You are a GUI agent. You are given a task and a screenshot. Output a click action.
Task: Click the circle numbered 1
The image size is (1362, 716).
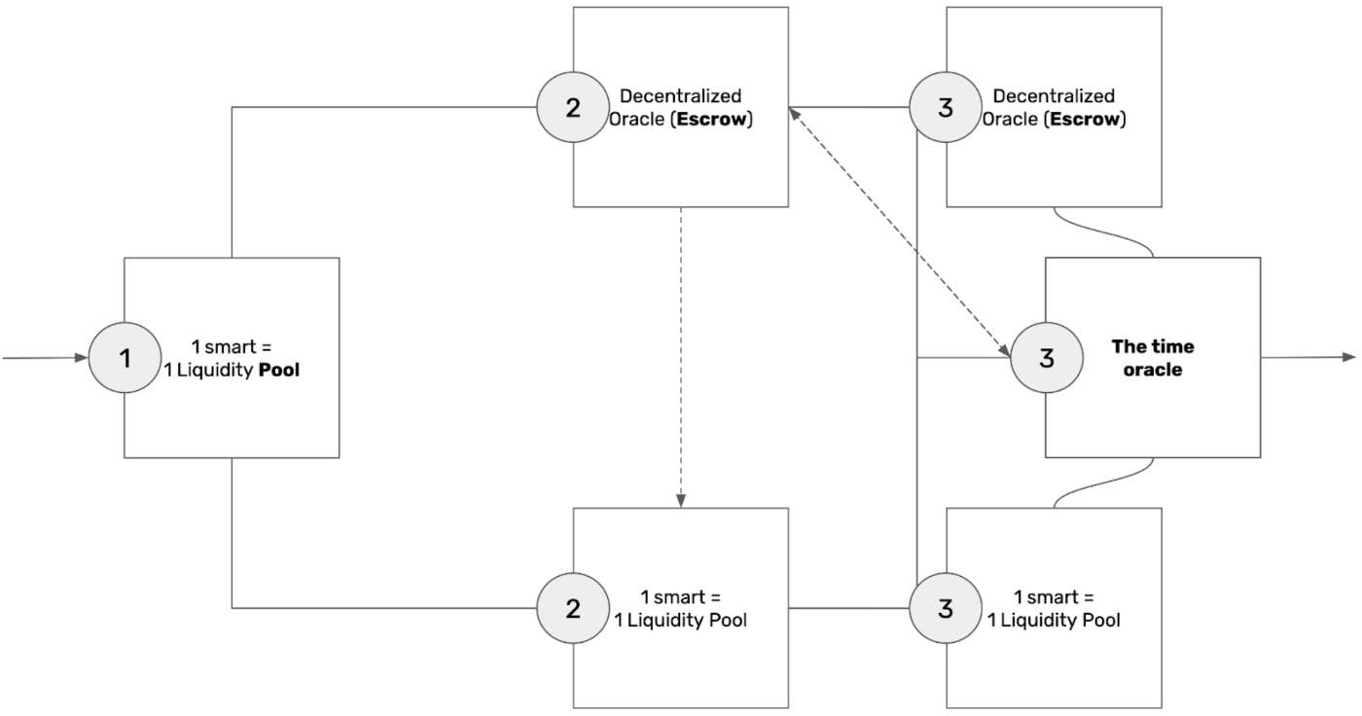pyautogui.click(x=125, y=357)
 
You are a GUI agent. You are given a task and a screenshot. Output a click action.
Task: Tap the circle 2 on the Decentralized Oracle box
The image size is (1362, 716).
pyautogui.click(x=573, y=108)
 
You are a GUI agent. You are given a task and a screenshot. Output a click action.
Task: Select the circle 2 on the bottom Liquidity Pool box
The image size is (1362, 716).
pyautogui.click(x=573, y=608)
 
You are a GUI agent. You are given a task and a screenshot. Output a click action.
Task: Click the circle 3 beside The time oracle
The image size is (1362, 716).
pyautogui.click(x=1047, y=357)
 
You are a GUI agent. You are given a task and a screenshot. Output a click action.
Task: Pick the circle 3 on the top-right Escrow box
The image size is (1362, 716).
pyautogui.click(x=946, y=108)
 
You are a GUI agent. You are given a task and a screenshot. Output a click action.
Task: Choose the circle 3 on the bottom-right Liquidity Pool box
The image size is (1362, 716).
pyautogui.click(x=946, y=608)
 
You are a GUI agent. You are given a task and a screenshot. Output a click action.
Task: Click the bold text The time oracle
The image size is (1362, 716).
pyautogui.click(x=1153, y=358)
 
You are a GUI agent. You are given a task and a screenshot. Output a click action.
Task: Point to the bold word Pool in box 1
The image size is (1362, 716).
pyautogui.click(x=279, y=370)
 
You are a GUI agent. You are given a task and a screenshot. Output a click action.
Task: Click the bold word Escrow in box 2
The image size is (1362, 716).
pyautogui.click(x=711, y=119)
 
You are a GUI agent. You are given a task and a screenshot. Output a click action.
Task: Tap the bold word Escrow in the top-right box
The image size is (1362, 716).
pyautogui.click(x=1085, y=119)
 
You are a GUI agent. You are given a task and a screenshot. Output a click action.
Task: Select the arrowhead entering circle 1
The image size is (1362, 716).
pyautogui.click(x=82, y=357)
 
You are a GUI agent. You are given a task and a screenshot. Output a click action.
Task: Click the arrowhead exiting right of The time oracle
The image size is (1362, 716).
pyautogui.click(x=1349, y=357)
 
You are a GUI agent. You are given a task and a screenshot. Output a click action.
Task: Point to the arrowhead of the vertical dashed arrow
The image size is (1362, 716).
pyautogui.click(x=681, y=500)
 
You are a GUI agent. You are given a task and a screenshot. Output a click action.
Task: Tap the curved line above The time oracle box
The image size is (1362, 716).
pyautogui.click(x=1103, y=233)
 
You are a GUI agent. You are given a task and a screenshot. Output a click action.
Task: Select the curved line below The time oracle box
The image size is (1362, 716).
pyautogui.click(x=1103, y=483)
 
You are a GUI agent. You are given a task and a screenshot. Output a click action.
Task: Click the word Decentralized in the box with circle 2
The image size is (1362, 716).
pyautogui.click(x=680, y=96)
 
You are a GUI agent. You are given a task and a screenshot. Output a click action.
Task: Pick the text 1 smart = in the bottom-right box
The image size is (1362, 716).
pyautogui.click(x=1054, y=597)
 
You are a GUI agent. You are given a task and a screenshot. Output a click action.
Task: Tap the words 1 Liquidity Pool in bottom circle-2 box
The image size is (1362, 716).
pyautogui.click(x=680, y=620)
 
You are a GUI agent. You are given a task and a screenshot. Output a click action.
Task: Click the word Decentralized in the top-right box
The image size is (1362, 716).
pyautogui.click(x=1054, y=96)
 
